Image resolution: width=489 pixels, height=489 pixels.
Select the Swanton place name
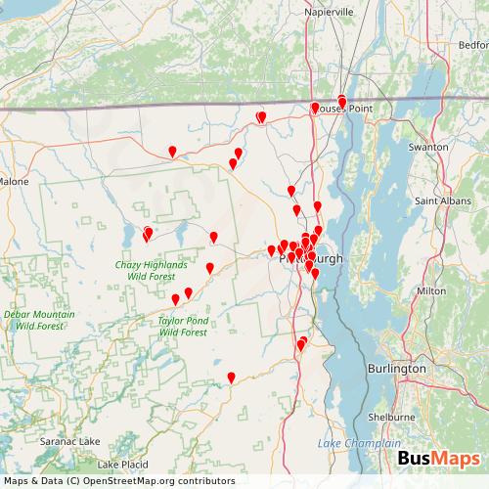[x=427, y=146]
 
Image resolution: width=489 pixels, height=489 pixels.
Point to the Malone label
[x=15, y=181]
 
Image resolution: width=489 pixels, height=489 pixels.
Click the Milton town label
[x=431, y=290]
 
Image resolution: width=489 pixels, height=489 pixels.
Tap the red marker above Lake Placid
[x=231, y=378]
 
